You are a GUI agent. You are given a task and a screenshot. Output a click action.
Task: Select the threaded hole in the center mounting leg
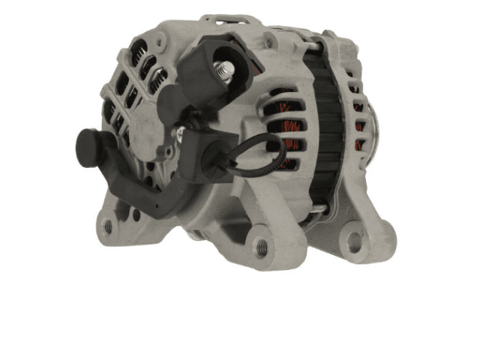[259, 244]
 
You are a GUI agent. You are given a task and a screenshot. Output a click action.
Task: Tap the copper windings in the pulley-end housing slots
[359, 124]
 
